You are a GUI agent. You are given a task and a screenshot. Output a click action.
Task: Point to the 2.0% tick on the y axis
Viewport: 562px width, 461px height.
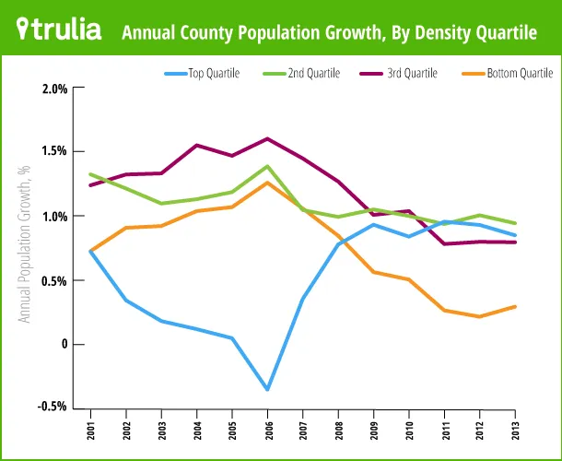tap(55, 89)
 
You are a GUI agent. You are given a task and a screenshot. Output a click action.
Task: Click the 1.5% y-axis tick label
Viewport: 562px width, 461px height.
tap(55, 152)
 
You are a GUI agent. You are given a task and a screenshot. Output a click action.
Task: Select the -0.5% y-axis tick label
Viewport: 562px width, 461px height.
tap(53, 406)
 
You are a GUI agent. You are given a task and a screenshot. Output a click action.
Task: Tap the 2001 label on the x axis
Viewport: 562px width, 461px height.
tap(90, 430)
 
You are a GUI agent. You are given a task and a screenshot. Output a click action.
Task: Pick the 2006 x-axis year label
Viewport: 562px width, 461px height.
tap(267, 430)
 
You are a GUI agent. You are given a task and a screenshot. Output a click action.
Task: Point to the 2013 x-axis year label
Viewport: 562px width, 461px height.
tap(515, 430)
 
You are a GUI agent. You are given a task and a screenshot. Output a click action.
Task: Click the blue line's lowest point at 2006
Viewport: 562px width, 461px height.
tap(267, 389)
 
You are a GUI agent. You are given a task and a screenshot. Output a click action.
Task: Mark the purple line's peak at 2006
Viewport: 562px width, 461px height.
tap(267, 139)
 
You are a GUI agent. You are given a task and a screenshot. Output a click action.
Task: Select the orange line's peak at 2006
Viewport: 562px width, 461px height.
tap(267, 183)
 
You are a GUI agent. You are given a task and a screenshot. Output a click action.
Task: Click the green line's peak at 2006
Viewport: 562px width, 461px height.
tap(267, 167)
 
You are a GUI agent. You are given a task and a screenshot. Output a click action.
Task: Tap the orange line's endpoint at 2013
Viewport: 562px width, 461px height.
tap(515, 307)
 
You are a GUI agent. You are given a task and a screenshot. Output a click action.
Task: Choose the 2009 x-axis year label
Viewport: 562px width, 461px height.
tap(373, 430)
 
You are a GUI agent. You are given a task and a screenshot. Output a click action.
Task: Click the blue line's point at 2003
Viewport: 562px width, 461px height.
tap(161, 321)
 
